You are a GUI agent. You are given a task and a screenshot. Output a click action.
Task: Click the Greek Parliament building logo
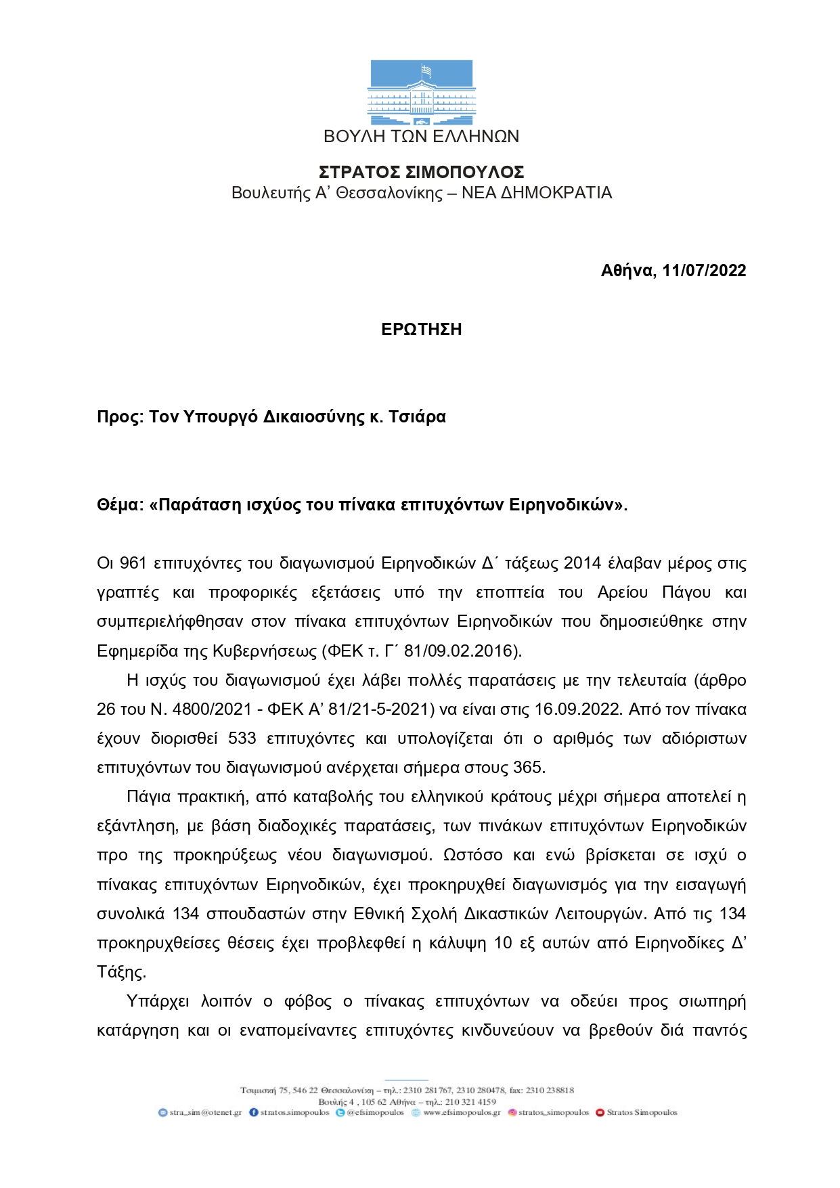coord(421,93)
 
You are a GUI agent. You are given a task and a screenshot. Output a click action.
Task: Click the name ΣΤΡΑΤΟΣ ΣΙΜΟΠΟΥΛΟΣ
coord(421,172)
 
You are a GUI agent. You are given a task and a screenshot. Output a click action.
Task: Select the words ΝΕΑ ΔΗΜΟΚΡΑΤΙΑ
coord(536,193)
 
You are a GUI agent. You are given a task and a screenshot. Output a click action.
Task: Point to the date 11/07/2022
coord(704,271)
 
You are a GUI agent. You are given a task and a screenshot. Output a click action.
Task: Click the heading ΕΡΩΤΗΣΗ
coord(421,330)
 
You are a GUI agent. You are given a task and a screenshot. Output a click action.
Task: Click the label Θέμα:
coord(120,505)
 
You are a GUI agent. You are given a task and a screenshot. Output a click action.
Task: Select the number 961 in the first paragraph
coord(133,564)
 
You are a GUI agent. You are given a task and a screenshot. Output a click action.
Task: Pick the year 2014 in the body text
coord(582,564)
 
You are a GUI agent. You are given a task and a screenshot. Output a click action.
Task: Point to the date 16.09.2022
coord(577,710)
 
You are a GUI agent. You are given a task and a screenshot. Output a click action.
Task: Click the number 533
coord(242,739)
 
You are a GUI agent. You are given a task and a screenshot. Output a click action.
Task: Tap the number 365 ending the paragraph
coord(528,768)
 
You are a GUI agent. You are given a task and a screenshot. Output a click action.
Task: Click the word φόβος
coord(308,1002)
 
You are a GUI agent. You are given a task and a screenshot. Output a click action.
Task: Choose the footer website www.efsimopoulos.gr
coord(462,1112)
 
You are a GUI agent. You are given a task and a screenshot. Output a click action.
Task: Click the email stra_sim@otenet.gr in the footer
coord(205,1112)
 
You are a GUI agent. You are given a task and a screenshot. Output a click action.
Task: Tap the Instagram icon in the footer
coord(512,1112)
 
